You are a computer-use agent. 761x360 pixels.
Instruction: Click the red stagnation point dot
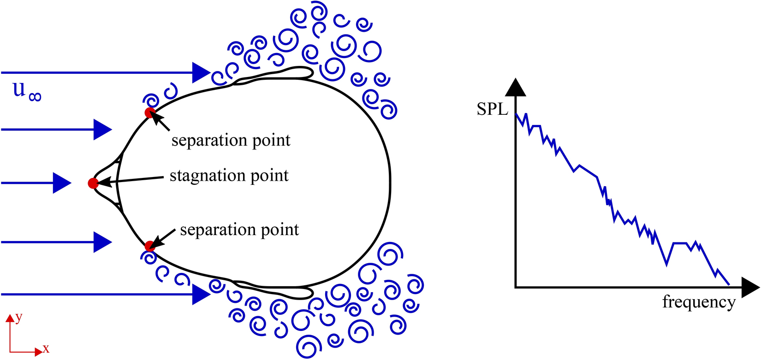click(x=93, y=183)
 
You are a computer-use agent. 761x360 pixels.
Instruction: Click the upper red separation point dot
click(x=149, y=112)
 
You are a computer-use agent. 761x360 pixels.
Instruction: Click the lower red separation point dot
click(x=149, y=246)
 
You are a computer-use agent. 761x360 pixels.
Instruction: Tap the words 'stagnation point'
click(x=229, y=176)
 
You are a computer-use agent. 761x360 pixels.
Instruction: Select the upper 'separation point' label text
click(x=231, y=140)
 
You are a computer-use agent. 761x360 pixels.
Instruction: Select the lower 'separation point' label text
click(x=239, y=230)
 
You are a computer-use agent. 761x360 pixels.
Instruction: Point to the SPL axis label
click(x=492, y=110)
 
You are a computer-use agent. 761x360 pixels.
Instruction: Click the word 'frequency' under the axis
click(x=698, y=302)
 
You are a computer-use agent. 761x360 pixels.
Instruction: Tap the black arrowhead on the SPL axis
click(x=516, y=88)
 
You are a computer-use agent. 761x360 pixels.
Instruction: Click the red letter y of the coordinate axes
click(x=19, y=317)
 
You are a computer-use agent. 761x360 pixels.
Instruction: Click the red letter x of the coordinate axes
click(x=46, y=348)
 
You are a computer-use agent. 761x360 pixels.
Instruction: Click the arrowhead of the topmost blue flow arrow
click(x=201, y=73)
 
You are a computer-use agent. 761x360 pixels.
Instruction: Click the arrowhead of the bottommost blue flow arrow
click(x=201, y=294)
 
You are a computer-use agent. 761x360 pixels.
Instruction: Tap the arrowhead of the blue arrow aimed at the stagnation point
click(x=61, y=183)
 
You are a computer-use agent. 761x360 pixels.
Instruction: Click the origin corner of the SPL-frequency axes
click(x=516, y=287)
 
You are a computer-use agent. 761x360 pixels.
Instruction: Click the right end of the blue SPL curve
click(x=729, y=284)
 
